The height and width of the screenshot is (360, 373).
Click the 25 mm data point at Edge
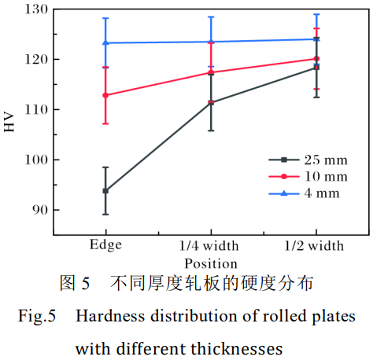(105, 190)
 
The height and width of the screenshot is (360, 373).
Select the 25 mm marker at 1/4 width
(211, 102)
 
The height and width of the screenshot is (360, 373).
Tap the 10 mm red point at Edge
(105, 95)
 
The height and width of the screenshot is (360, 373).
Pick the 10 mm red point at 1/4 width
(211, 72)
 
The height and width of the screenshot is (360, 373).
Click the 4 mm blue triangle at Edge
(105, 42)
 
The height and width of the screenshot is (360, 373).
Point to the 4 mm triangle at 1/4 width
(211, 42)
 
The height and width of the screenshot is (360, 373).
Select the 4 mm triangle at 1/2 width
(316, 39)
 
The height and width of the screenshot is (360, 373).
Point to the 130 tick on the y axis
(37, 9)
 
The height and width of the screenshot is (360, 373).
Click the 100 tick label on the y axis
(37, 160)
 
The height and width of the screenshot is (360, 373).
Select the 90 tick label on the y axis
(40, 210)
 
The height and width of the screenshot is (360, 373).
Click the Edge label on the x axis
(105, 244)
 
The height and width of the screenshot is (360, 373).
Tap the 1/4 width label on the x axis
(211, 246)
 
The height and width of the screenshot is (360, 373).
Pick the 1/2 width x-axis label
(316, 246)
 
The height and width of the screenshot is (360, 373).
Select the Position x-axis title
(211, 263)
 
